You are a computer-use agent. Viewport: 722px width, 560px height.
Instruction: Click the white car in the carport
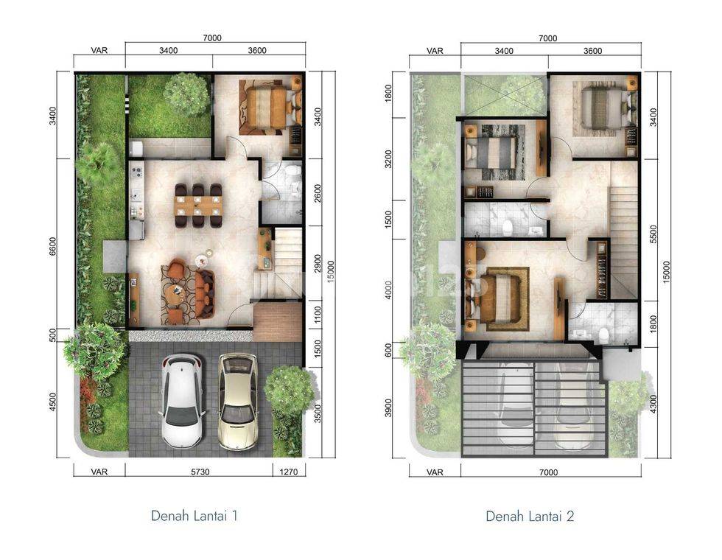[x=183, y=401]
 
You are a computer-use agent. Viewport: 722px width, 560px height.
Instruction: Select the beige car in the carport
[x=238, y=401]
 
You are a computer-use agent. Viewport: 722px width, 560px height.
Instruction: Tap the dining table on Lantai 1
[x=198, y=205]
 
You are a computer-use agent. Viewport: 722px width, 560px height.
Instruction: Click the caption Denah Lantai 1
[x=194, y=515]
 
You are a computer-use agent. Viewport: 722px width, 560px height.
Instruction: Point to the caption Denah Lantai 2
[x=530, y=516]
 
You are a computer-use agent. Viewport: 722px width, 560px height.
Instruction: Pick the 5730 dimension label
[x=200, y=472]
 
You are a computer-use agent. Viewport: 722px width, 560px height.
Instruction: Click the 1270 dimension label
[x=289, y=472]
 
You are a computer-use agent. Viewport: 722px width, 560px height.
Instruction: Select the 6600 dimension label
[x=52, y=247]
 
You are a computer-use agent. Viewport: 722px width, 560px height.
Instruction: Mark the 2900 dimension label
[x=318, y=264]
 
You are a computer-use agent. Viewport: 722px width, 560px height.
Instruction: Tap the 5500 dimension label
[x=654, y=234]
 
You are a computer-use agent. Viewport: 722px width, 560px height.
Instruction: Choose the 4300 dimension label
[x=654, y=404]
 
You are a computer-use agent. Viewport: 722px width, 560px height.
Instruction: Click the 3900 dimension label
[x=389, y=407]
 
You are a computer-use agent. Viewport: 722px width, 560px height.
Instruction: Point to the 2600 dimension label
[x=318, y=193]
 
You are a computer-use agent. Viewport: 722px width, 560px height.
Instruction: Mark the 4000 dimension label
[x=389, y=290]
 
